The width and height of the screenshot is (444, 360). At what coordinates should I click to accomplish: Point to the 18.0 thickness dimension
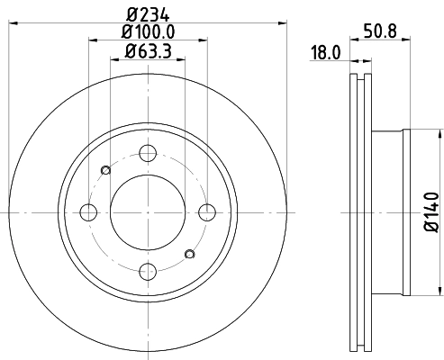point(325,53)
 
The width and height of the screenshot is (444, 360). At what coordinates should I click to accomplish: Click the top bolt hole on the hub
point(149,154)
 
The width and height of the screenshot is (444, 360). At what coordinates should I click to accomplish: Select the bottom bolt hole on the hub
point(149,271)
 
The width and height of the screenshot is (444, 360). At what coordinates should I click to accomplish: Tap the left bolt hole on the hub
point(89,212)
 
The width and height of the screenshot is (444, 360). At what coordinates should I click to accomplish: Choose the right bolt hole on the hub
point(208,212)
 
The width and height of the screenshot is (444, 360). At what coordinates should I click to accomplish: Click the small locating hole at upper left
point(106,170)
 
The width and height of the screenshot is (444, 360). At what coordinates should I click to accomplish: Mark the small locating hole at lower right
point(190,254)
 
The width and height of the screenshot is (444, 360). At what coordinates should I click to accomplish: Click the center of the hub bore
point(149,212)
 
